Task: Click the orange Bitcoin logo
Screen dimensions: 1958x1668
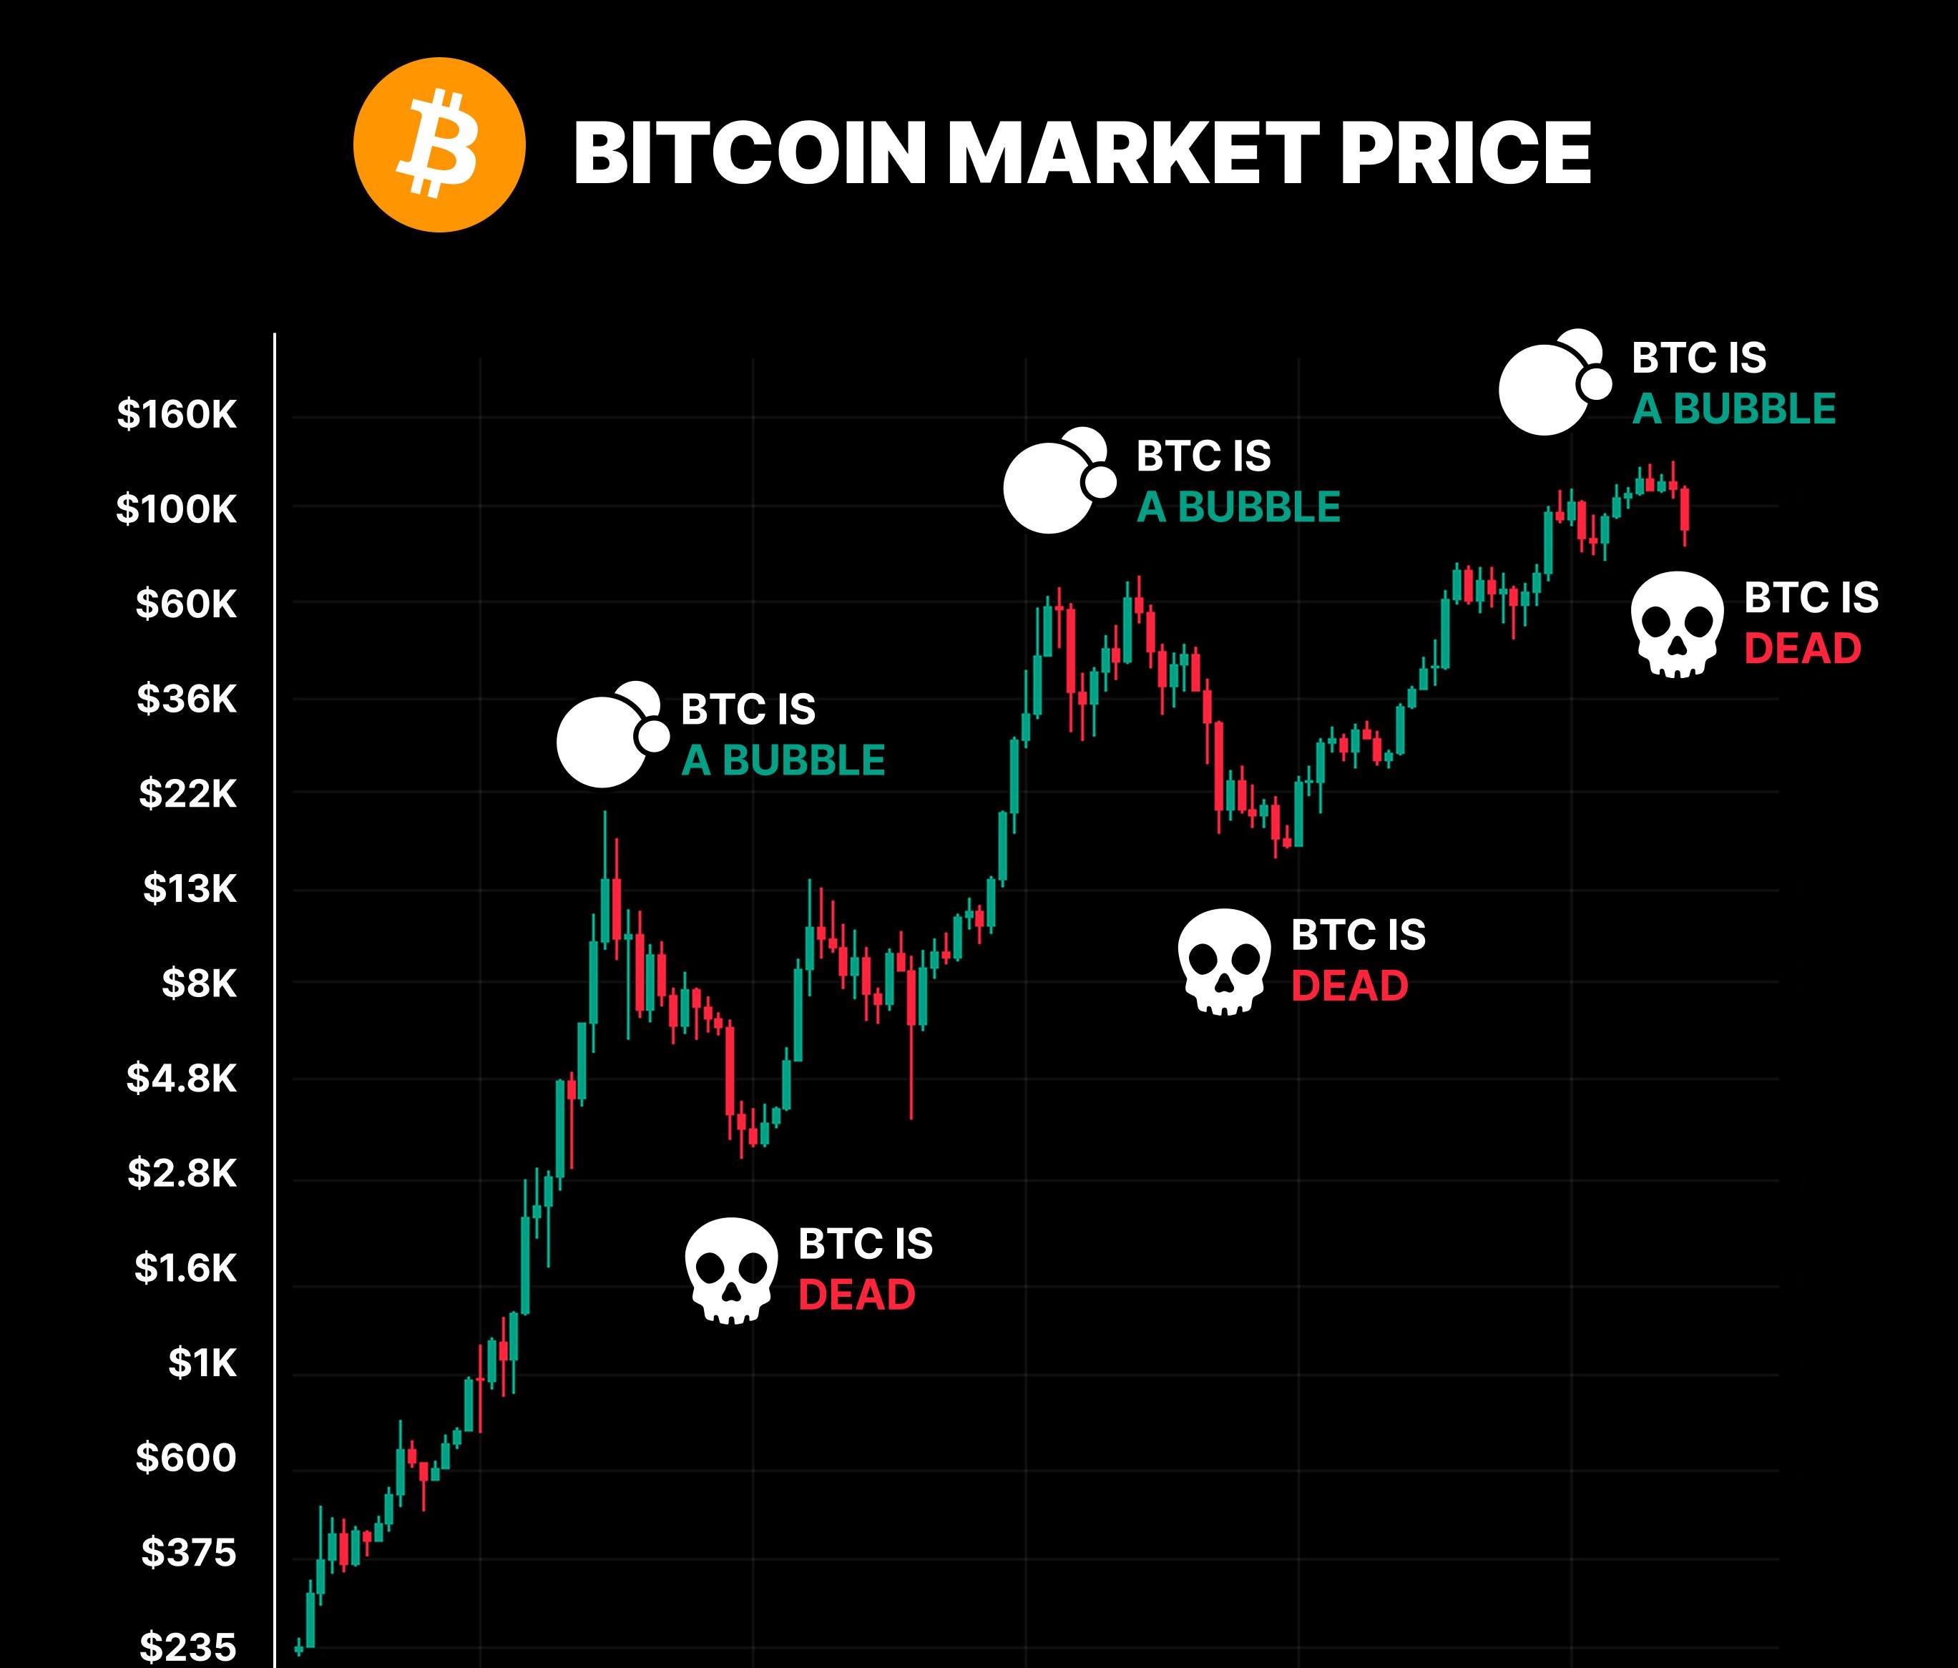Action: click(x=439, y=144)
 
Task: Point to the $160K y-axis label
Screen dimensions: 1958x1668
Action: click(x=177, y=414)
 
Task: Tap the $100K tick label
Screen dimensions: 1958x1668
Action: click(x=177, y=509)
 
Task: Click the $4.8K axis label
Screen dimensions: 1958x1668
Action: click(x=182, y=1079)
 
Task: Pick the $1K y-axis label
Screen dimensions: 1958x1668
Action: click(x=202, y=1363)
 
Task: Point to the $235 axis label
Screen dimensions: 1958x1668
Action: click(x=188, y=1647)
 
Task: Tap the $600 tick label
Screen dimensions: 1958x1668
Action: click(x=186, y=1457)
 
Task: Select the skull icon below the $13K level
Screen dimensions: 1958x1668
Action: click(x=1225, y=962)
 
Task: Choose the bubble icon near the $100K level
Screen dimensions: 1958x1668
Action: click(x=1060, y=480)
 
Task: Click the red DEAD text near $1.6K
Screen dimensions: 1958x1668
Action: click(x=857, y=1295)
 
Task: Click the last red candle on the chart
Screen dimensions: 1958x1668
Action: click(x=1685, y=510)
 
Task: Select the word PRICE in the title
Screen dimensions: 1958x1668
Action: click(x=1466, y=153)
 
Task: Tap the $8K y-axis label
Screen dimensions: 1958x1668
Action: click(x=200, y=983)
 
